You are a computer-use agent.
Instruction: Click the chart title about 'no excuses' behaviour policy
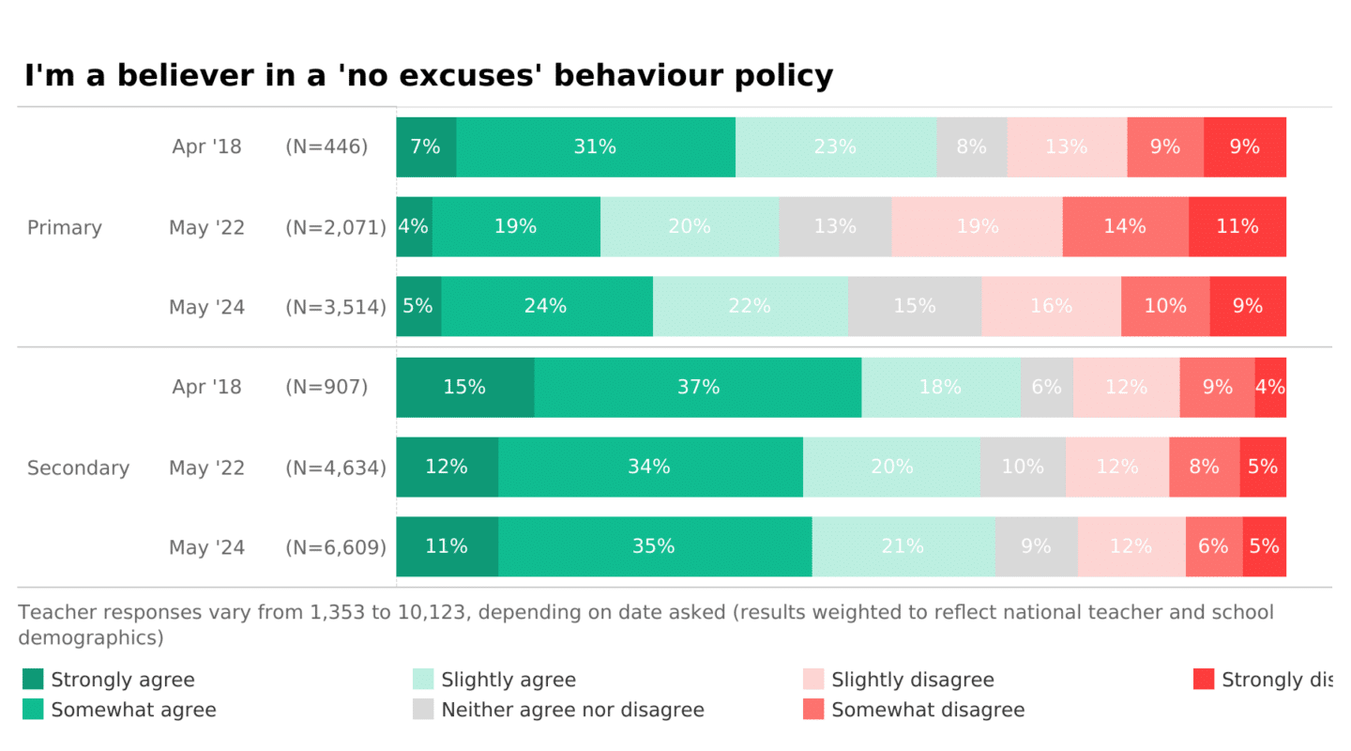point(428,75)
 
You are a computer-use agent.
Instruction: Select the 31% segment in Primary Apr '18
point(596,147)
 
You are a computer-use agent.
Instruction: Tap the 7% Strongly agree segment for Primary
point(426,147)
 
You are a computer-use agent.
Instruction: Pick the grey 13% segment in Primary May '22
point(835,226)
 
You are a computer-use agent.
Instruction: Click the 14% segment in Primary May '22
point(1125,226)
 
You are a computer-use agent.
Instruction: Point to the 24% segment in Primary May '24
point(546,306)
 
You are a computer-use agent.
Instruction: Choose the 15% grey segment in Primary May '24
point(915,306)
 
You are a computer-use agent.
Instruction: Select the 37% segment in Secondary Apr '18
point(698,387)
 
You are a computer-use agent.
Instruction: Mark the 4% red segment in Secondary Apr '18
point(1270,387)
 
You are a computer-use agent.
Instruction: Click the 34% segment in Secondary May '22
point(650,467)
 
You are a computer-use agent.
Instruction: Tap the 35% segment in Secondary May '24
point(654,546)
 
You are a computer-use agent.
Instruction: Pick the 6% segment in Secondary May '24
point(1214,546)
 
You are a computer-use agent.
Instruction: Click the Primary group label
point(65,227)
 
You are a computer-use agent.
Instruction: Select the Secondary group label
point(78,467)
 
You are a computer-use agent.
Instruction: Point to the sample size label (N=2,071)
point(336,227)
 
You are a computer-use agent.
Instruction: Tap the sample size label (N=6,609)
point(336,547)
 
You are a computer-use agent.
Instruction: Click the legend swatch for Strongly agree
point(33,680)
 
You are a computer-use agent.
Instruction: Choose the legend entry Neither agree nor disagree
point(572,710)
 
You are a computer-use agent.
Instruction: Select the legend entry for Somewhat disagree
point(928,710)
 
